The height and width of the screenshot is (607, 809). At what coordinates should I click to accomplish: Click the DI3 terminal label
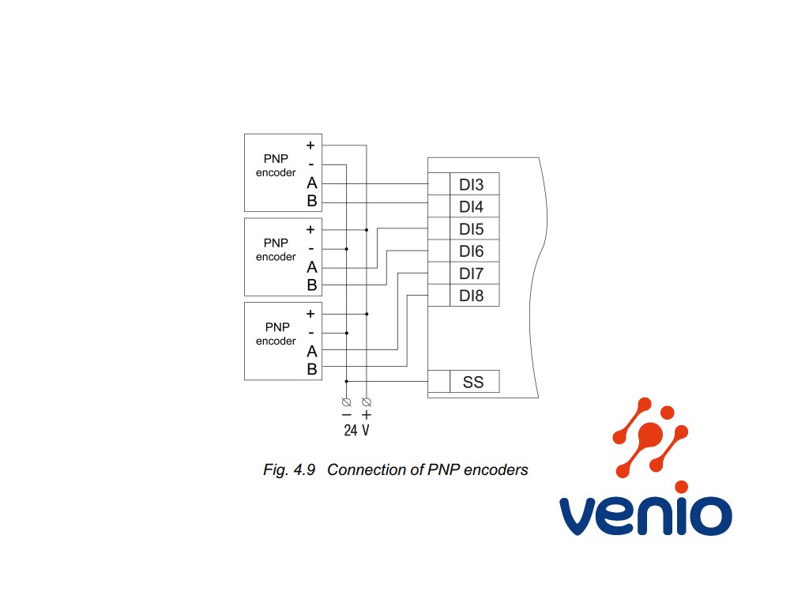click(471, 184)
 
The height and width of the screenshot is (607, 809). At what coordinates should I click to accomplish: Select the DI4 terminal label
click(471, 206)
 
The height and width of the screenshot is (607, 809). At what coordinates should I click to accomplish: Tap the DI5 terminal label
click(471, 228)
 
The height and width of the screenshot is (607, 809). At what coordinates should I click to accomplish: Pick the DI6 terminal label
click(471, 251)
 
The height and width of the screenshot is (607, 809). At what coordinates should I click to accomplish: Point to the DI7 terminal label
click(471, 273)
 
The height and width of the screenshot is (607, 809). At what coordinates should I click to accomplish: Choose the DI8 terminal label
click(471, 296)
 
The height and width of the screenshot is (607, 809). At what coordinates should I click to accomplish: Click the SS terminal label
click(473, 382)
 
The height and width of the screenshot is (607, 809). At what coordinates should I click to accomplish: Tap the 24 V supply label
click(356, 430)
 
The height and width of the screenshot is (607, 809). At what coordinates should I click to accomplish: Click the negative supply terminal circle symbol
click(347, 402)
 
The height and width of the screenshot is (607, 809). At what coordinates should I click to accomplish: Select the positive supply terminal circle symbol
click(367, 402)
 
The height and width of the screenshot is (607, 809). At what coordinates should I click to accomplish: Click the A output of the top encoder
click(311, 183)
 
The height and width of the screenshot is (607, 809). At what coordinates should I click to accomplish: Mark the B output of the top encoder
click(311, 201)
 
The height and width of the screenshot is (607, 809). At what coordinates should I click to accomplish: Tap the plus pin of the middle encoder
click(310, 229)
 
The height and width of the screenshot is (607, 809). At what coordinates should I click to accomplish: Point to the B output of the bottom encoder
click(311, 369)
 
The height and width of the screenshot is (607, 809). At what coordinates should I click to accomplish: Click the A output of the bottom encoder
click(311, 351)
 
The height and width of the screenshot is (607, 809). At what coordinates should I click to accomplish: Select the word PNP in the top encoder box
click(276, 158)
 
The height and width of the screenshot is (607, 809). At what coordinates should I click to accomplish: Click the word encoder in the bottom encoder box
click(276, 341)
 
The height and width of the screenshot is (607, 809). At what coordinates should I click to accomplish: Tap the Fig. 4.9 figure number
click(289, 469)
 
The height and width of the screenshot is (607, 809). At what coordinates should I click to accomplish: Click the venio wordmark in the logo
click(645, 515)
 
